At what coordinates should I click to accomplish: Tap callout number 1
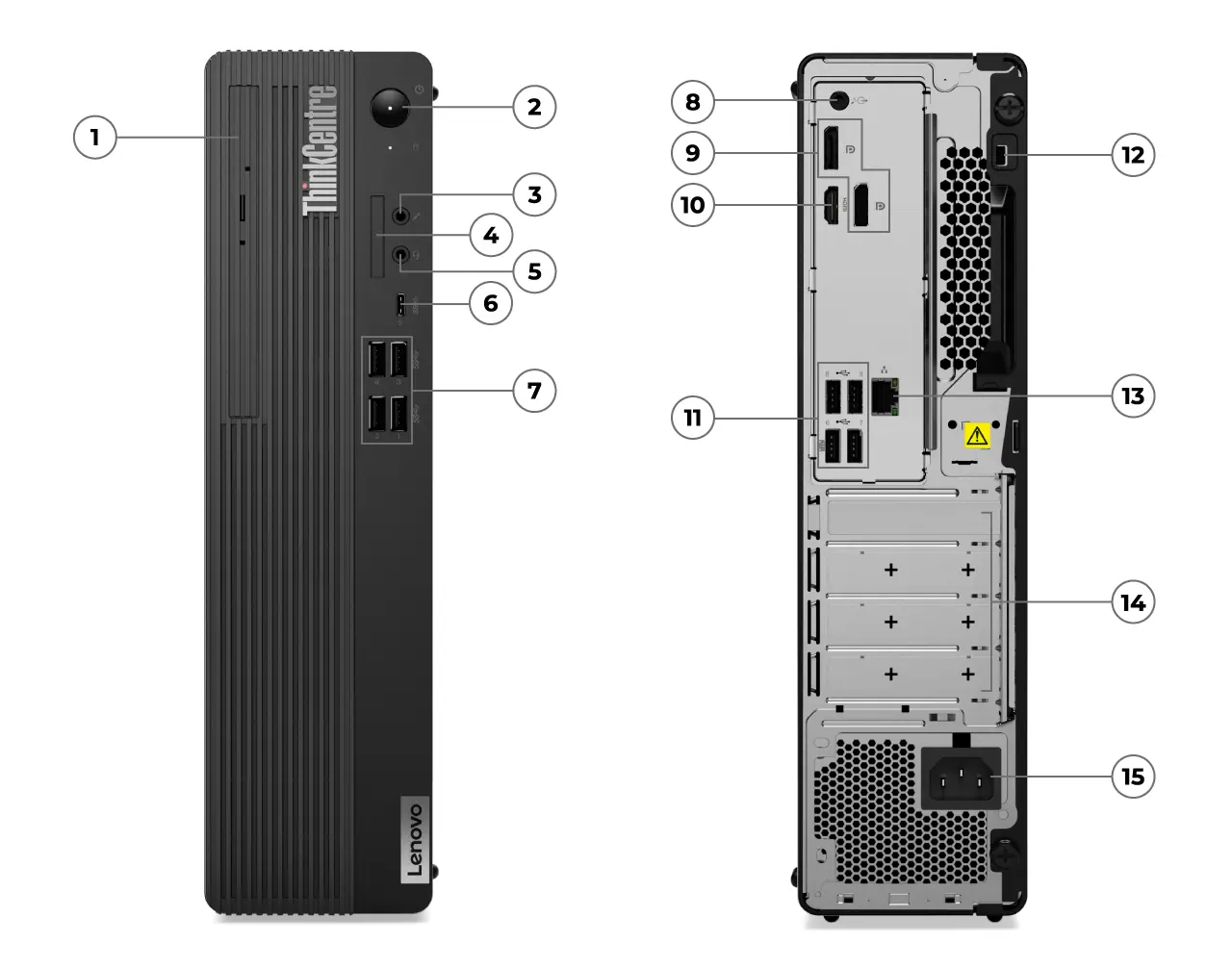tap(94, 137)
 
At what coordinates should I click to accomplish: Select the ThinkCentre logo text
tap(321, 150)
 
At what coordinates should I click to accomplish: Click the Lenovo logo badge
tap(411, 839)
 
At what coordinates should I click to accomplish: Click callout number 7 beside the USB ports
tap(534, 390)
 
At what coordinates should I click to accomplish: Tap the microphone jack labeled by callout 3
tap(400, 215)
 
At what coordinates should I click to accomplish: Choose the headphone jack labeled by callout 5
tap(400, 255)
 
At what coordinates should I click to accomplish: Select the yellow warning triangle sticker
tap(976, 436)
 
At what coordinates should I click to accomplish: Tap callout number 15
tap(1133, 776)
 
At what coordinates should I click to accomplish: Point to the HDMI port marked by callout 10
tap(828, 207)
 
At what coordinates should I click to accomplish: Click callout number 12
tap(1133, 154)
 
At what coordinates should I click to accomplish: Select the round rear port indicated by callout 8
tap(836, 99)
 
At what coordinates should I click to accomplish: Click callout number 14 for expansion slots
tap(1133, 602)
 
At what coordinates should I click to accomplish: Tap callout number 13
tap(1133, 395)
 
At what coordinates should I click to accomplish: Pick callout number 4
tap(491, 234)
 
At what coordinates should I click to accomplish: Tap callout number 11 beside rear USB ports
tap(693, 418)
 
